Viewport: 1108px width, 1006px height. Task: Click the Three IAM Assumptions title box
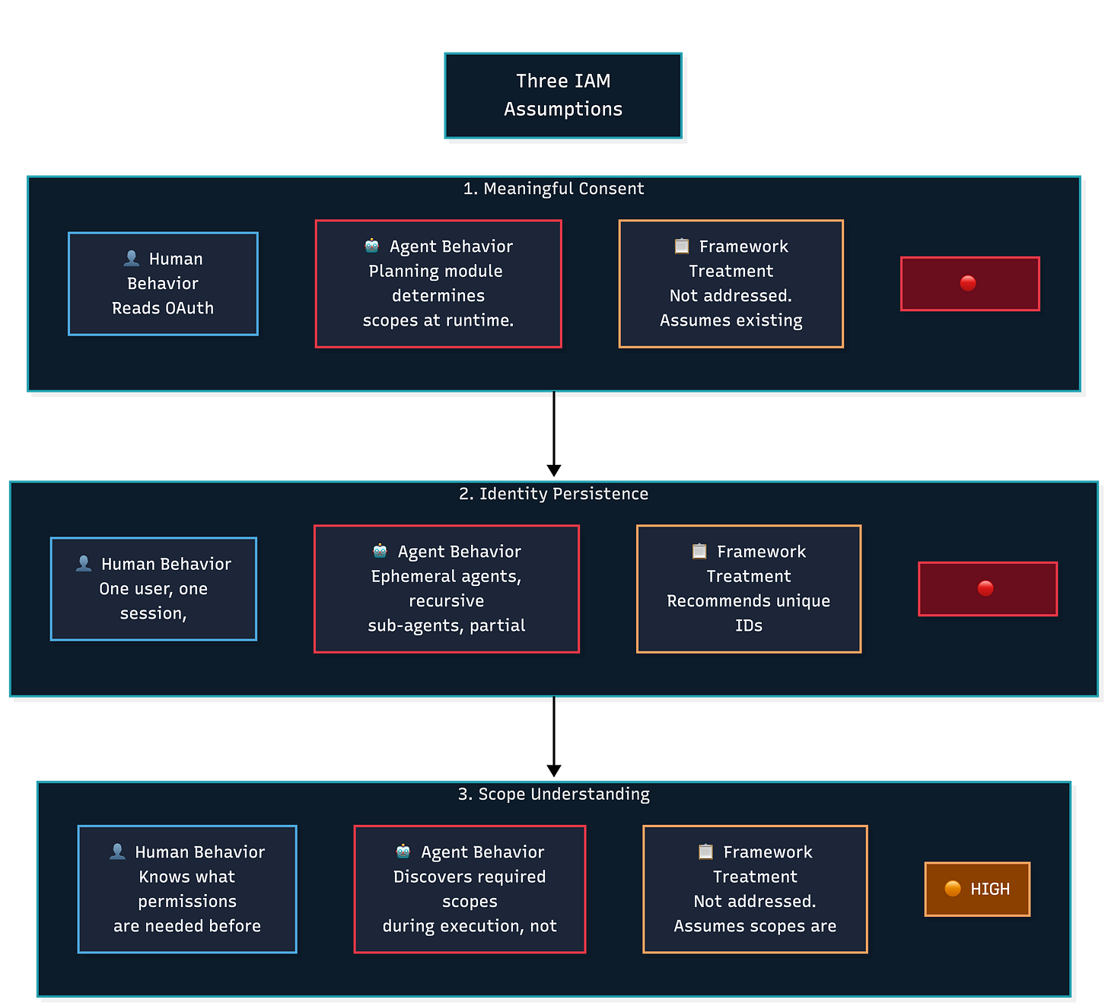point(562,95)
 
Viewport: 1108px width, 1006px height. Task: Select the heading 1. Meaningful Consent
point(553,189)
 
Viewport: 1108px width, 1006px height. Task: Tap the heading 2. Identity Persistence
point(553,494)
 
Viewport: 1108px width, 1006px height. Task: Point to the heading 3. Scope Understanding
point(553,794)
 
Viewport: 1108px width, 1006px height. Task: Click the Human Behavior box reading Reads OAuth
point(163,284)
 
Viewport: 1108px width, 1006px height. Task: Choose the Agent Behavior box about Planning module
point(438,284)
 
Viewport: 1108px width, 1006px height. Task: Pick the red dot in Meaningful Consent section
point(968,283)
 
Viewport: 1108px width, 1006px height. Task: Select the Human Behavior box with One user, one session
point(154,589)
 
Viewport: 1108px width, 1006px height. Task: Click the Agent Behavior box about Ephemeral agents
point(447,589)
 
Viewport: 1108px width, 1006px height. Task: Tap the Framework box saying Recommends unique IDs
point(749,589)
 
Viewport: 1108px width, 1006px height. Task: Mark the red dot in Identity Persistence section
point(985,588)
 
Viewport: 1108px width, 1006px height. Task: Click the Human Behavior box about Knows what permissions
point(187,889)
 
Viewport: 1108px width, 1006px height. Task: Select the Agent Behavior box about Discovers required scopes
point(470,889)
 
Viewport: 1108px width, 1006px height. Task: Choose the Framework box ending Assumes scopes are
point(755,889)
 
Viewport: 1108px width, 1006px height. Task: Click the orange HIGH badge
point(977,889)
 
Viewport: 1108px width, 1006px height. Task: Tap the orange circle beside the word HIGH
point(953,889)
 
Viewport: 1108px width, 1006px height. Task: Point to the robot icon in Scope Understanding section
point(403,852)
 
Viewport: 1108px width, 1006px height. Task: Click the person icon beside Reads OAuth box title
point(132,259)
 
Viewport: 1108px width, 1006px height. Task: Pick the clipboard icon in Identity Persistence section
point(699,551)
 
